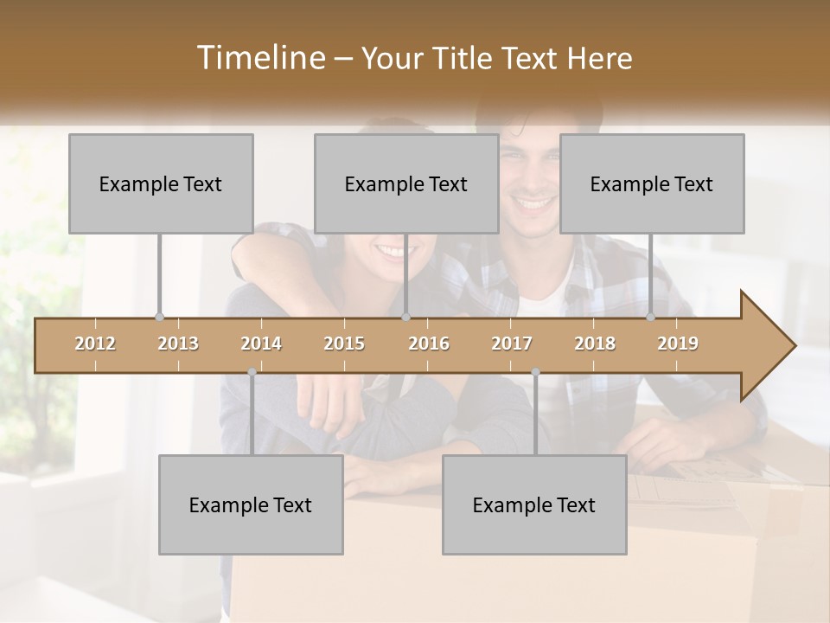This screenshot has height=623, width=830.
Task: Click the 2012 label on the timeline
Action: coord(95,344)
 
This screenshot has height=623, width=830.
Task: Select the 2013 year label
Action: coord(178,344)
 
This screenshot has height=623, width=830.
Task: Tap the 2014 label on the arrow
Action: coord(261,344)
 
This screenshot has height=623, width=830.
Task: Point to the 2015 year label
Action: coord(344,344)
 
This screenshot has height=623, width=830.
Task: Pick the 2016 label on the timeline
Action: coord(429,344)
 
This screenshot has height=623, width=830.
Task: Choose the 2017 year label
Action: coord(512,344)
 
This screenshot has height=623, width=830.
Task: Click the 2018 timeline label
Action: coord(595,344)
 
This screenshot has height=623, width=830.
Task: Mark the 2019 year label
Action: coord(678,344)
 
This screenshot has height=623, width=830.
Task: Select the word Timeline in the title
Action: coord(259,58)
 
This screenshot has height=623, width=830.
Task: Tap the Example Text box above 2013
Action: coord(161,183)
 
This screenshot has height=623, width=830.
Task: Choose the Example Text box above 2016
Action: coord(406,183)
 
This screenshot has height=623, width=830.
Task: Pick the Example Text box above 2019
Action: coord(652,183)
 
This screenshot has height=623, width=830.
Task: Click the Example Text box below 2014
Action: coord(251,504)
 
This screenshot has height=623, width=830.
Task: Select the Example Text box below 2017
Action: coord(534,504)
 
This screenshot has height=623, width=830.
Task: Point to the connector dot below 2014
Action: coord(252,372)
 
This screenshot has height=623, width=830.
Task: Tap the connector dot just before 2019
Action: coord(651,317)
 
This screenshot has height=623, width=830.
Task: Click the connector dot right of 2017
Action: coord(535,372)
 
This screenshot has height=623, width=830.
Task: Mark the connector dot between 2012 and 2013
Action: coord(159,317)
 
